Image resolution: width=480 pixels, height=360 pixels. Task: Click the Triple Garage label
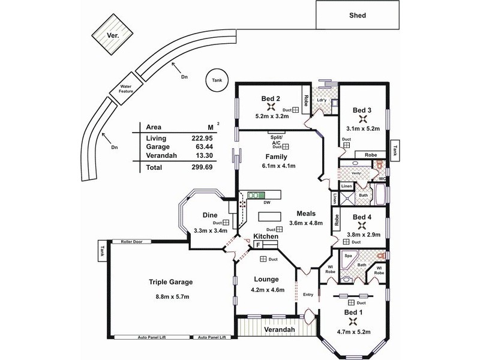pos(171,281)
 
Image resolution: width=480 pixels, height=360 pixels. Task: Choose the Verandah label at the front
pos(277,330)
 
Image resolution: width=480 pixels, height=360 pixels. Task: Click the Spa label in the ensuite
pos(347,255)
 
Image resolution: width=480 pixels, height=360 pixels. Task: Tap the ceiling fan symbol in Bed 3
pos(362,119)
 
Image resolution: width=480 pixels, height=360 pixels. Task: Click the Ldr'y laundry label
pos(322,98)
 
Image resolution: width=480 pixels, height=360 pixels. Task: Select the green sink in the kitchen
pos(257,195)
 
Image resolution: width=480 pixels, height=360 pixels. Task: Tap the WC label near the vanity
pos(381,178)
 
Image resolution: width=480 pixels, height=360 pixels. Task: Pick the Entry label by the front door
pos(308,294)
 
